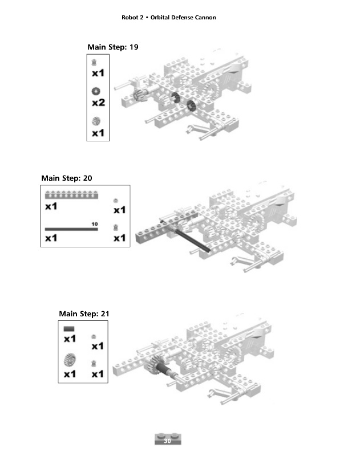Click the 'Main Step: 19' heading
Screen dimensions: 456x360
click(x=112, y=47)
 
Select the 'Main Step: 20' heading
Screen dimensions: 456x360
click(x=66, y=178)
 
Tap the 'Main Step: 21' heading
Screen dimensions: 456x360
click(x=84, y=313)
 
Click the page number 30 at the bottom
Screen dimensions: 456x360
click(x=167, y=441)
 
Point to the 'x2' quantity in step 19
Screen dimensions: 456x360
click(x=98, y=103)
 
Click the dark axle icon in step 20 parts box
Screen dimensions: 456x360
click(x=71, y=229)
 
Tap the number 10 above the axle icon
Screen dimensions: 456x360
click(x=95, y=223)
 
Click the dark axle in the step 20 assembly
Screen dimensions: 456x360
click(x=191, y=241)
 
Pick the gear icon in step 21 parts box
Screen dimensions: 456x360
click(x=70, y=360)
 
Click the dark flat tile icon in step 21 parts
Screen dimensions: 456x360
click(x=70, y=329)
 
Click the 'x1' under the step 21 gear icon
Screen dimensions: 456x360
click(x=70, y=374)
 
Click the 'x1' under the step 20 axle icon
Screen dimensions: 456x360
click(x=51, y=238)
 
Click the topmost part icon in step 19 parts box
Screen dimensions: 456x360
click(x=95, y=62)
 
